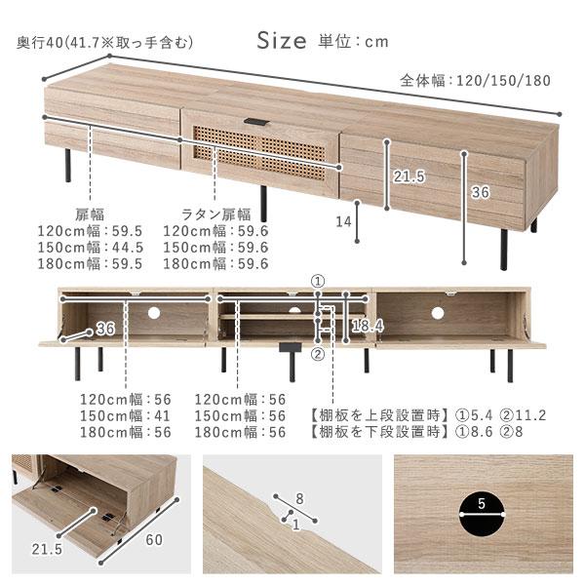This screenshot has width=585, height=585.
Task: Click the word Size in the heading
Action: coord(283,41)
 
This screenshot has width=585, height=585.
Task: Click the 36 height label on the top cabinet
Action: coord(480,192)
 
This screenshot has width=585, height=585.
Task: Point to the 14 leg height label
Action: coord(343,222)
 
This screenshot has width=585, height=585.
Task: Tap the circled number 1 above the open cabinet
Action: coord(318,281)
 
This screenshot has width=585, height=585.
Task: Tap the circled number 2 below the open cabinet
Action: coord(318,355)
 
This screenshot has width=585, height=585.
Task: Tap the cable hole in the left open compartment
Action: coord(153,314)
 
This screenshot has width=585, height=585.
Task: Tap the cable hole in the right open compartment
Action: coord(439,314)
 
